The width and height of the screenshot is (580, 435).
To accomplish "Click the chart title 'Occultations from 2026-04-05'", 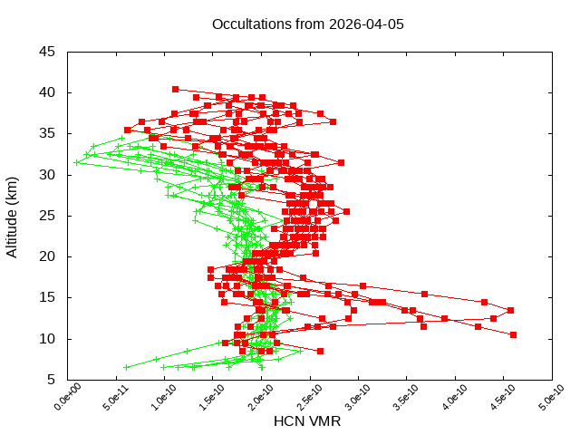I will pos(307,24).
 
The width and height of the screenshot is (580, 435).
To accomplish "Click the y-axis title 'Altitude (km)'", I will pos(13,216).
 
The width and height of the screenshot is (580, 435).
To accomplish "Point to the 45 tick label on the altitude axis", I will pos(47,52).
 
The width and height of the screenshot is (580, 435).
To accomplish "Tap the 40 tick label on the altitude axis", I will pos(47,92).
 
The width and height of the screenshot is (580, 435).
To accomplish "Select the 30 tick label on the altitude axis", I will pos(47,175).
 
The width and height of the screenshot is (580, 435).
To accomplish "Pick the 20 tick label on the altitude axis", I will pos(47,256).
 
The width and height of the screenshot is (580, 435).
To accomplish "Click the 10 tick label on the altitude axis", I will pos(47,339).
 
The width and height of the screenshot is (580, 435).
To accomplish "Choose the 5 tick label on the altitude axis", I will pos(51,380).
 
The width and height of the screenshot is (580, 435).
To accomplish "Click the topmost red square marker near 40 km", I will pos(175,89).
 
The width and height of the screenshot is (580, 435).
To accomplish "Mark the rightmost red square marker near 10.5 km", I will pos(513,334).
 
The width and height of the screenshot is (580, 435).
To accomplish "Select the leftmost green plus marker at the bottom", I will pos(125,367).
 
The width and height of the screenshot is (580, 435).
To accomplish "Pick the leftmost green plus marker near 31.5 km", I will pos(77,162).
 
